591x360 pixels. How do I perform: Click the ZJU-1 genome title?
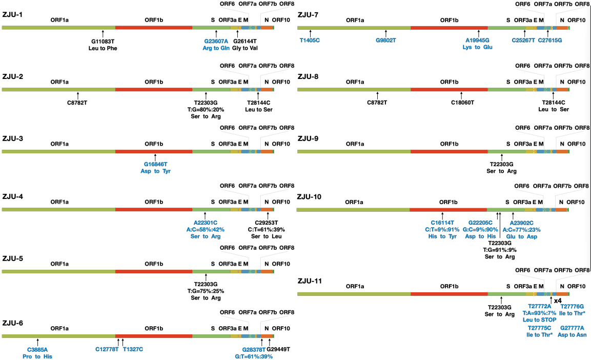(x=12, y=15)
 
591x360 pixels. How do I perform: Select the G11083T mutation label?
(x=103, y=41)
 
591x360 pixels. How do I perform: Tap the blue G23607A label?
(x=216, y=41)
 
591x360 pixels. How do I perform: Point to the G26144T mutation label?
(x=244, y=41)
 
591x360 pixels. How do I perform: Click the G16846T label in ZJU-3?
(x=155, y=164)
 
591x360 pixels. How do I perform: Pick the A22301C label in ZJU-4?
(x=206, y=223)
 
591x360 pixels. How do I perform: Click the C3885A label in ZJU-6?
(x=38, y=350)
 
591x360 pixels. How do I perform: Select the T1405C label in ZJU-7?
(x=310, y=40)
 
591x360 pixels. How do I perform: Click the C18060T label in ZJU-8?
(x=462, y=102)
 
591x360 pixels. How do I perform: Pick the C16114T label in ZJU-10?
(x=442, y=223)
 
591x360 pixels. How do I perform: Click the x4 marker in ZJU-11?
(x=558, y=300)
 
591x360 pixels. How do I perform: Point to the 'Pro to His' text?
(x=38, y=356)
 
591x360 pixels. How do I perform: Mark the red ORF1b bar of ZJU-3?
(x=154, y=151)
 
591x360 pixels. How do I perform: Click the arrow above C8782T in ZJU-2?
(x=77, y=96)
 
